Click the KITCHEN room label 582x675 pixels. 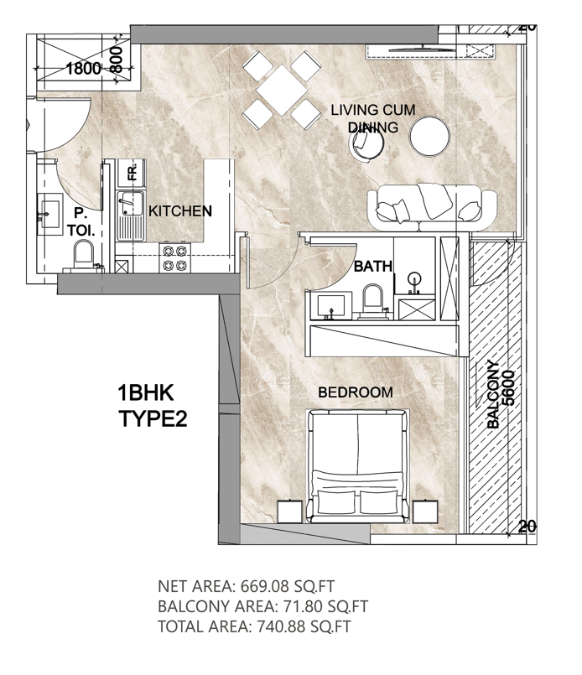(x=180, y=211)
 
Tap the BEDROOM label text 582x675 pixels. (x=356, y=392)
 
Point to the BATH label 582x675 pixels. (x=373, y=266)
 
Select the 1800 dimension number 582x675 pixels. (x=84, y=69)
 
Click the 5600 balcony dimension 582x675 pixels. (x=508, y=388)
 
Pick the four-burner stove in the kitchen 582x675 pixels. (x=174, y=257)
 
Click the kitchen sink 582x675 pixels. (x=131, y=216)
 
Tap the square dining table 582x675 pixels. (x=282, y=90)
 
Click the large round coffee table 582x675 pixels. (x=429, y=136)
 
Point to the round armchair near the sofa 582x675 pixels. (x=366, y=143)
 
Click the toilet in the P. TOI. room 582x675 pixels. (x=83, y=255)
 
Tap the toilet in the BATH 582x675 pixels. (x=372, y=300)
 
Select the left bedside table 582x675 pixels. (x=289, y=511)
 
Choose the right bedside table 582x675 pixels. (x=425, y=511)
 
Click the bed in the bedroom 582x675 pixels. (x=357, y=465)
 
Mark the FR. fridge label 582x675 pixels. (x=133, y=171)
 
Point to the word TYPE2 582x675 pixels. (x=153, y=418)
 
